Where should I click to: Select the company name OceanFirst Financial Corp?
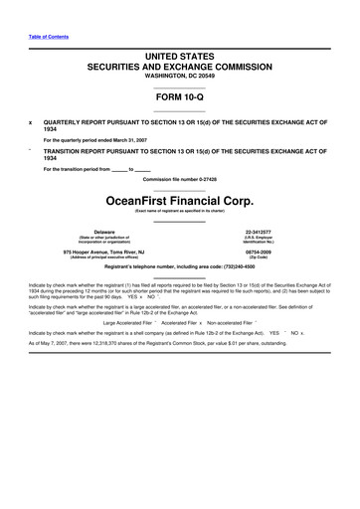point(179,199)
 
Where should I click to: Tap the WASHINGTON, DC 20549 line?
point(179,76)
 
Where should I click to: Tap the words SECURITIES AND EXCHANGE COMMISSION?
point(179,63)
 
